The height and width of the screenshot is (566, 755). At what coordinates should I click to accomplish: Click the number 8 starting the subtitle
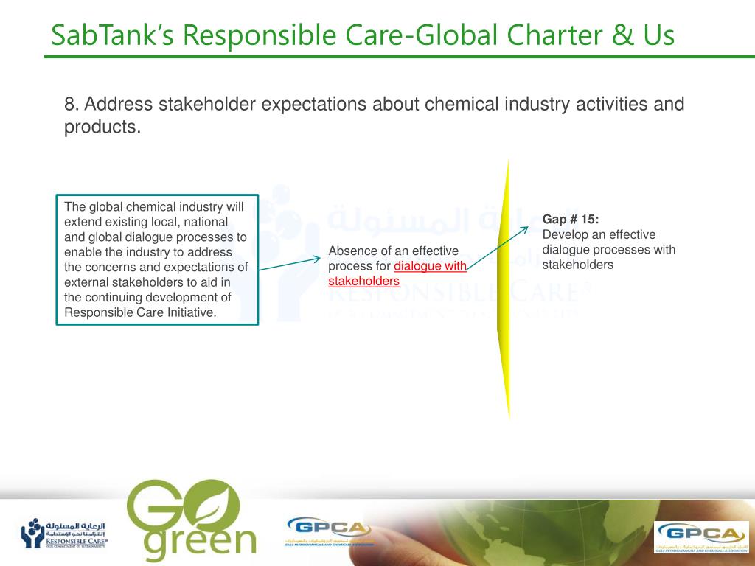pyautogui.click(x=69, y=104)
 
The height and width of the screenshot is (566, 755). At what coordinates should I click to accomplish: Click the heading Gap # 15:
pyautogui.click(x=571, y=219)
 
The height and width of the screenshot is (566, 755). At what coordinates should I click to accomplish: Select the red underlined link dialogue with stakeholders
pyautogui.click(x=397, y=273)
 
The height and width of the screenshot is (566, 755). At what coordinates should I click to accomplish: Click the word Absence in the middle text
pyautogui.click(x=351, y=251)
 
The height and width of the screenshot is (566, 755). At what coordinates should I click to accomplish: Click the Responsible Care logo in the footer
pyautogui.click(x=63, y=533)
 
